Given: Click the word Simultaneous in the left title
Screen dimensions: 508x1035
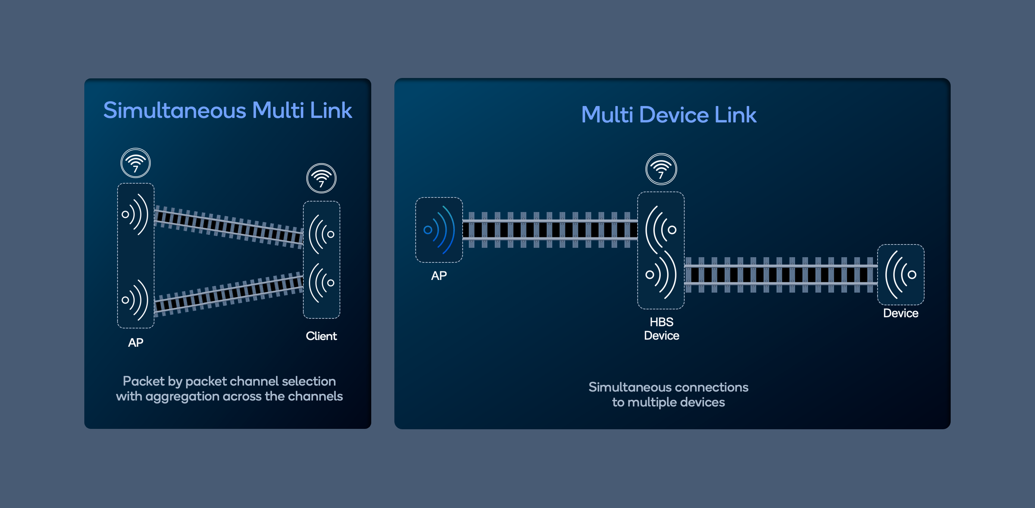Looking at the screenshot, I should pos(174,110).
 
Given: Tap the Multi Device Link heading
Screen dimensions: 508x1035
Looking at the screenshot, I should pos(669,115).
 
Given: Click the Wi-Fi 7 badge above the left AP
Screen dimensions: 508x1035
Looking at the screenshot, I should pos(136,163).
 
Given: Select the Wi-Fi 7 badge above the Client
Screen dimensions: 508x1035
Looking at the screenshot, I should pos(321,178).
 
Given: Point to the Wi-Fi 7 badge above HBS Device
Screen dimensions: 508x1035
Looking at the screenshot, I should pos(661,169).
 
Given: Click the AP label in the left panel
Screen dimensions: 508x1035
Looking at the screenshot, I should pos(136,342).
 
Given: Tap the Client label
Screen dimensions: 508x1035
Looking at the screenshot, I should pos(321,336).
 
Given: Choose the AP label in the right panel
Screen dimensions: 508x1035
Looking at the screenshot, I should pos(439,276).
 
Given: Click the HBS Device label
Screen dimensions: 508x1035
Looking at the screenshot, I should pos(662,329).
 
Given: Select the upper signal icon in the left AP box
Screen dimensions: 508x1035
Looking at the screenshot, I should pos(135,214).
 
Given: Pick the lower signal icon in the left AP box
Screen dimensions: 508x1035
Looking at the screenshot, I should pos(135,300).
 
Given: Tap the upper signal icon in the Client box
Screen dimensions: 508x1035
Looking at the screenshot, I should pos(321,234).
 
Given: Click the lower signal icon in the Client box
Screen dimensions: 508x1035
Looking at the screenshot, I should pos(321,283).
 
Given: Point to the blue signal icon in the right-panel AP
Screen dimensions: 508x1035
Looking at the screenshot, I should pos(439,230).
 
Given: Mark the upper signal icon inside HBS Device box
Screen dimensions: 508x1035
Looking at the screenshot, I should pos(661,230).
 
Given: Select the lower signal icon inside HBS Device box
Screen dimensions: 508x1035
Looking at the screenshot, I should pos(661,275).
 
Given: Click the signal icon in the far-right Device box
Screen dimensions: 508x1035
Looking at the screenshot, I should pos(901,274).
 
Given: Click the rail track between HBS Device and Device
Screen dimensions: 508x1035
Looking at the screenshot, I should pos(780,275).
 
